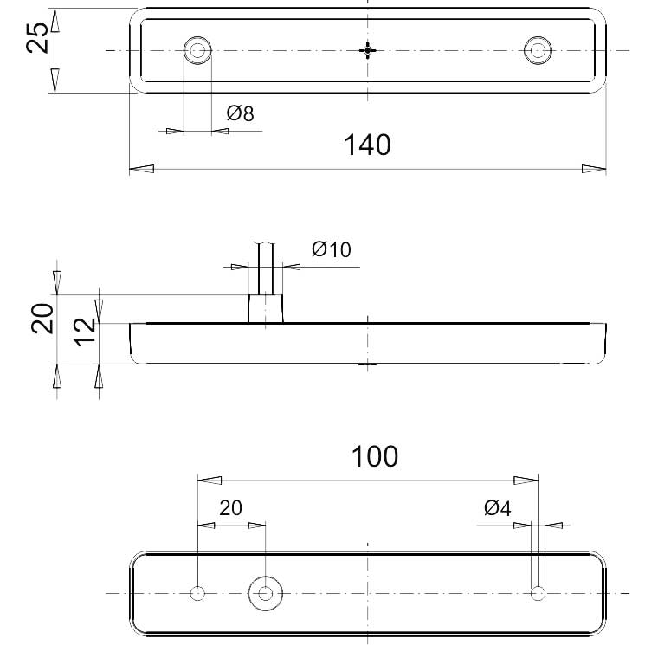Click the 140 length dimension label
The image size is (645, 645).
[x=368, y=144]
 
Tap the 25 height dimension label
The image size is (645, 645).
[x=37, y=38]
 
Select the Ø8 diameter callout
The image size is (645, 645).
[x=241, y=113]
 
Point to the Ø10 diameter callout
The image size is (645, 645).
[x=332, y=250]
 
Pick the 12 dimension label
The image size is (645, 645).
[x=84, y=330]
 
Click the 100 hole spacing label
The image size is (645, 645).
[x=375, y=456]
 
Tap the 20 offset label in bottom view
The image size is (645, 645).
[x=230, y=508]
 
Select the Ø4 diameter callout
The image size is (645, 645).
[x=498, y=508]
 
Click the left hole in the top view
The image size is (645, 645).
[x=198, y=49]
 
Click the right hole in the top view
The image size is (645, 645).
[x=539, y=49]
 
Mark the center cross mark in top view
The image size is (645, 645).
[x=369, y=49]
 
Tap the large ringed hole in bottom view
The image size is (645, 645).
[x=265, y=593]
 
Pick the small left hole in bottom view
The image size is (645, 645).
[x=198, y=593]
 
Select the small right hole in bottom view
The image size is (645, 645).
[x=539, y=593]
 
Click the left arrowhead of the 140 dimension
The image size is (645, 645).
[x=141, y=169]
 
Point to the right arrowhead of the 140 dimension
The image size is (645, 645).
[x=594, y=169]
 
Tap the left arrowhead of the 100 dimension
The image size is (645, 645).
[x=210, y=480]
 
